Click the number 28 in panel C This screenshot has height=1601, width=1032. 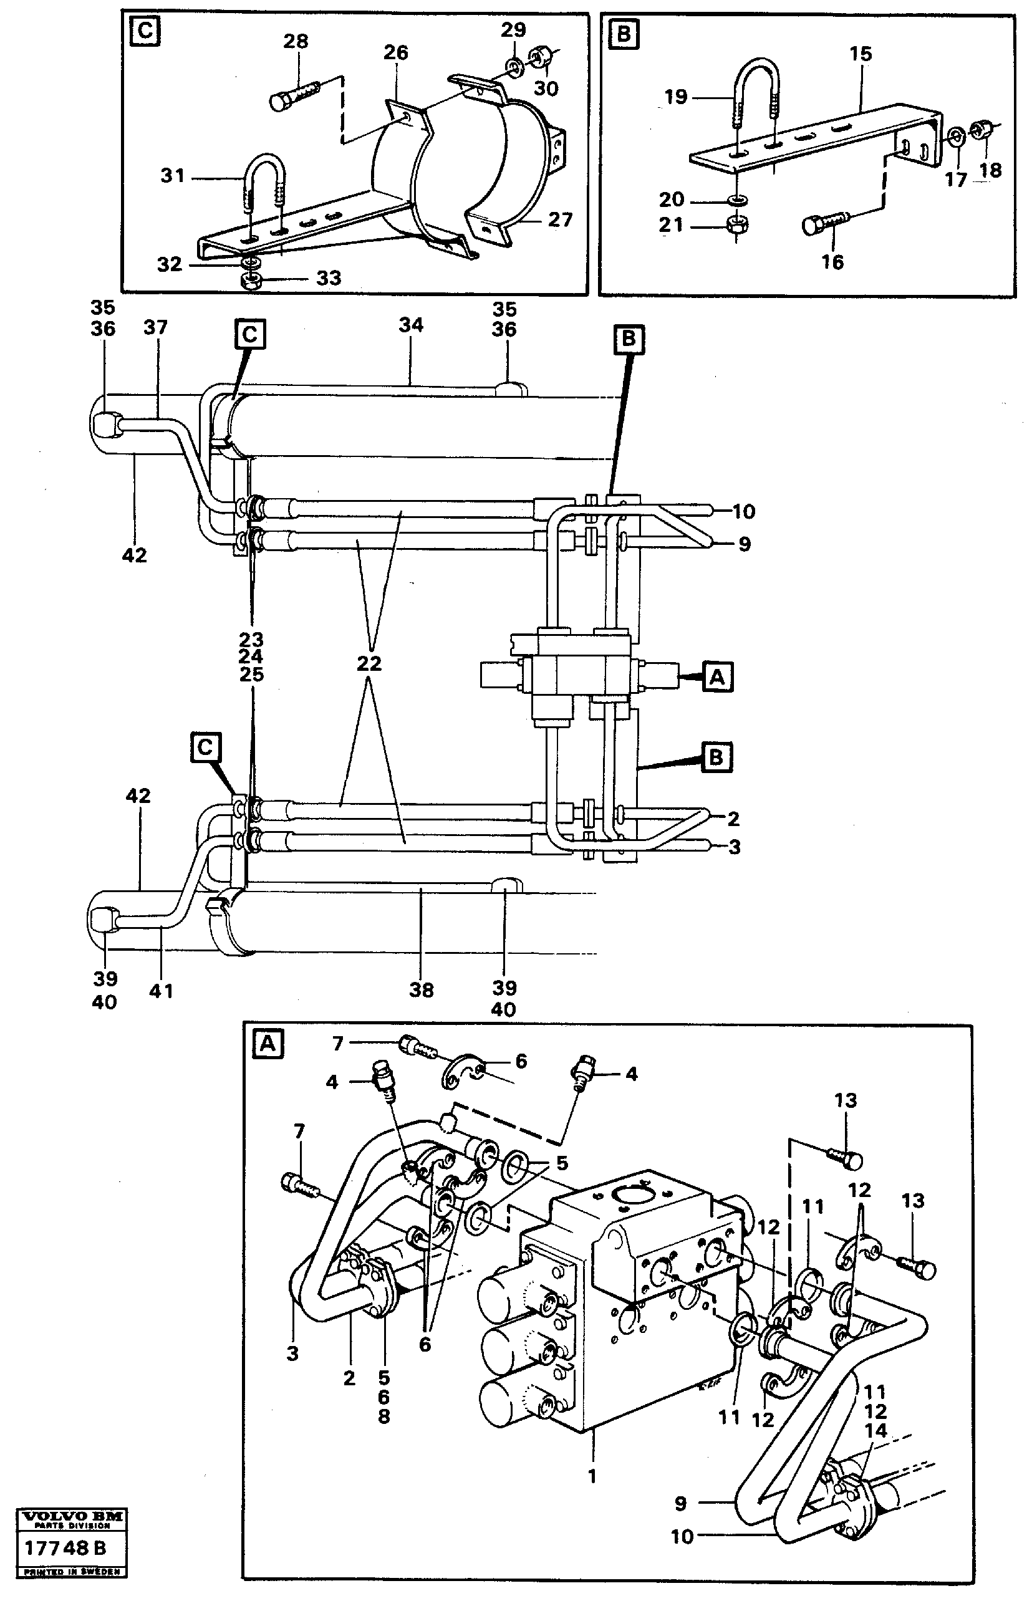(x=295, y=42)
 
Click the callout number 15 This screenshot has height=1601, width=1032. (x=861, y=54)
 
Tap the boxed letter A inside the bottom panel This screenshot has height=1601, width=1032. (x=268, y=1044)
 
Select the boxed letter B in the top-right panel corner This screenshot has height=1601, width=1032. (x=623, y=34)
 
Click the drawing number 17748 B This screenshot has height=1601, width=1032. (x=65, y=1548)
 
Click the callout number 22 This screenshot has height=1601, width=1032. (x=369, y=663)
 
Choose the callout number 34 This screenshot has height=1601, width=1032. (x=411, y=325)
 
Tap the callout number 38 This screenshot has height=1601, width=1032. (x=422, y=989)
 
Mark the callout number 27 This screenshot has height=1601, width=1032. (x=560, y=219)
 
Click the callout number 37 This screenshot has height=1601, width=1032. (x=155, y=327)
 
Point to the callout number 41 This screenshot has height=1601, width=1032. (x=161, y=991)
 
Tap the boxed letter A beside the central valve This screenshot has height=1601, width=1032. (x=716, y=677)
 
